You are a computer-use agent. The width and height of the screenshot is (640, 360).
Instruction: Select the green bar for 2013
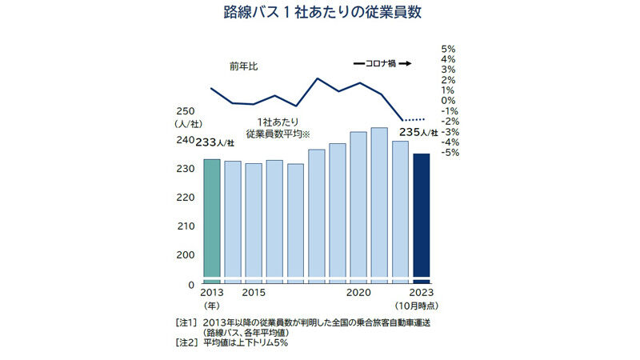[x=211, y=219]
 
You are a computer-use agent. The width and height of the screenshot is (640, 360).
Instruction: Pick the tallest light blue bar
[x=379, y=203]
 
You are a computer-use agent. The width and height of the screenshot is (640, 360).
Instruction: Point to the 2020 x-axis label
[x=358, y=294]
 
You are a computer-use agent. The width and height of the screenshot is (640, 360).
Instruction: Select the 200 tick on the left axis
[x=186, y=254]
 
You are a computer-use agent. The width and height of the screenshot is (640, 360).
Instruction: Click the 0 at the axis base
[x=191, y=284]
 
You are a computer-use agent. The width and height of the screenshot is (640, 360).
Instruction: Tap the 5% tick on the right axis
[x=448, y=49]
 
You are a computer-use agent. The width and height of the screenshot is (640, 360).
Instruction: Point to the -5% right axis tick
[x=447, y=152]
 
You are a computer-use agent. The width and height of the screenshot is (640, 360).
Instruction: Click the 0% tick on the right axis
[x=448, y=101]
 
